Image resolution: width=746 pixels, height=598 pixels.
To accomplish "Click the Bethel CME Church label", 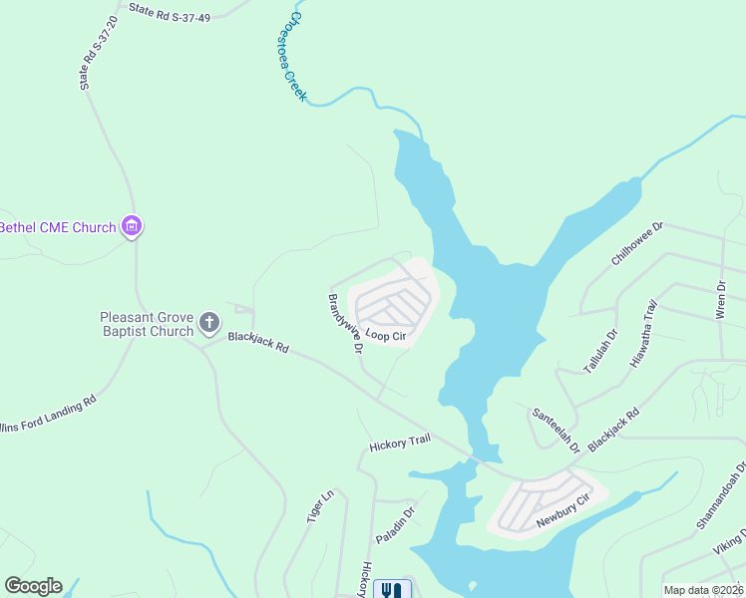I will click(58, 227).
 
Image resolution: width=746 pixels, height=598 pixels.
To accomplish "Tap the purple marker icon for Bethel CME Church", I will click(132, 227).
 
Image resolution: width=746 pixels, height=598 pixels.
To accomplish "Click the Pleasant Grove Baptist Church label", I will click(146, 324).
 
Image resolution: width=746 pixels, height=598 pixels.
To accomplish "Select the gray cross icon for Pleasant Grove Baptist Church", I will click(208, 322).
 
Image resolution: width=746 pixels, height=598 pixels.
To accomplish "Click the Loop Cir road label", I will click(385, 336).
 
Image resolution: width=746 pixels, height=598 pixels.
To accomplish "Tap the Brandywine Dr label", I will click(344, 323).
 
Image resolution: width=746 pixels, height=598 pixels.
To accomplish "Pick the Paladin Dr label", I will click(395, 524).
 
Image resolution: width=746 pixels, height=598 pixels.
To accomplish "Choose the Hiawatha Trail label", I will click(644, 335).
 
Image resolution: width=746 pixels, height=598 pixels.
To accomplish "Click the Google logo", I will click(33, 586).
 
